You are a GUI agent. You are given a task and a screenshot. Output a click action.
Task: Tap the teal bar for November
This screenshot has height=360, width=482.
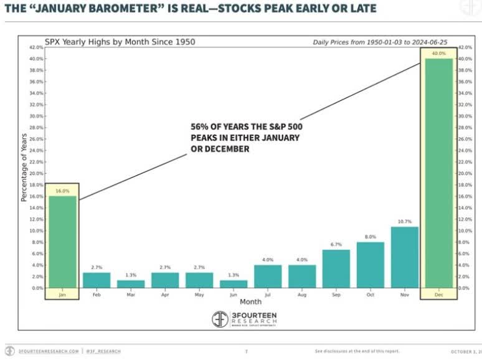[x=404, y=257]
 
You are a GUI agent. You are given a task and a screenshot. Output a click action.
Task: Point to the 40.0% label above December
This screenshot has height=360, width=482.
[x=438, y=54]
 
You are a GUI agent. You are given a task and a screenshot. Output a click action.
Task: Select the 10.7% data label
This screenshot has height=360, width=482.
[x=404, y=222]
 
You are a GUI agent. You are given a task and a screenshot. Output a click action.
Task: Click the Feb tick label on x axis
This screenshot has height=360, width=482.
[x=96, y=295]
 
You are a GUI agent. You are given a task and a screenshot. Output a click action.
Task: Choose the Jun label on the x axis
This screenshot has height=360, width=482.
[x=233, y=295]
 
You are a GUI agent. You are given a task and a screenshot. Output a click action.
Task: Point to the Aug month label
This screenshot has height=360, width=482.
[x=301, y=295]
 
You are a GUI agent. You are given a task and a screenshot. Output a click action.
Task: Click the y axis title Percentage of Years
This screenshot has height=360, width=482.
[x=24, y=167]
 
